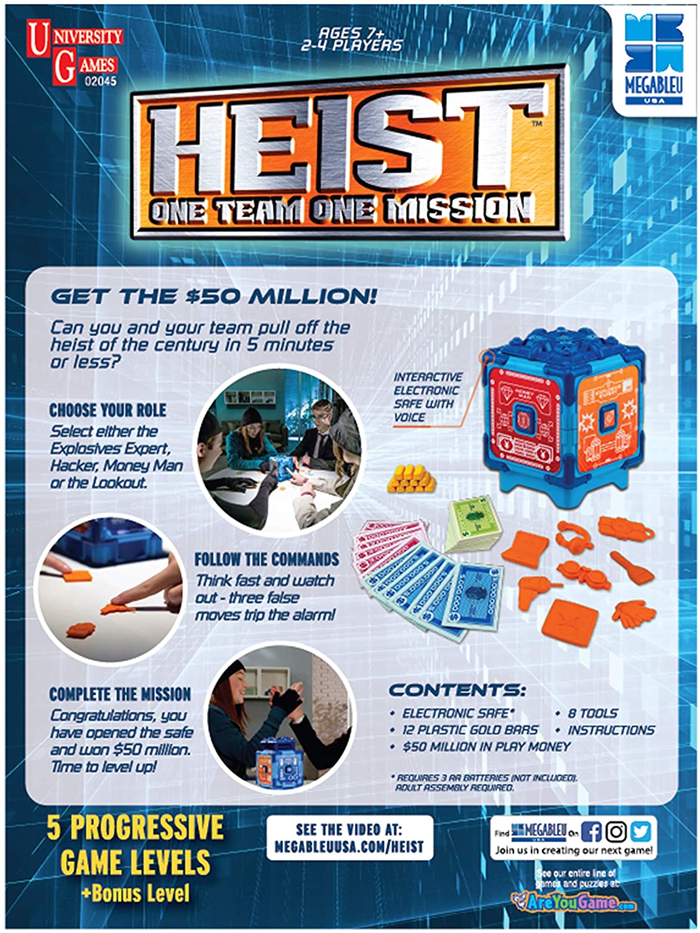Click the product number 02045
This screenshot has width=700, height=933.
97,81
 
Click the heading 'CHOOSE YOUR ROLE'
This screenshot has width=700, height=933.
108,411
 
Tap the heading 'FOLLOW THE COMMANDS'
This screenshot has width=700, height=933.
267,559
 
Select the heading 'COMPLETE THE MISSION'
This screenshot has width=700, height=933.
120,694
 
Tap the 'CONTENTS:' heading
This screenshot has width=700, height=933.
457,690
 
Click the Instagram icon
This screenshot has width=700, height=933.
616,832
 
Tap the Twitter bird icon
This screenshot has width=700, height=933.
640,832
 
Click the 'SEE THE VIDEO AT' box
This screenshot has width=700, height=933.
349,838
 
